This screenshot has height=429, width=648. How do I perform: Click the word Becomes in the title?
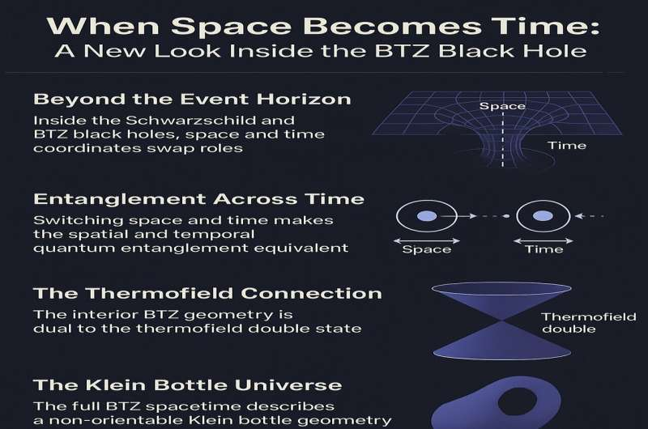[392, 26]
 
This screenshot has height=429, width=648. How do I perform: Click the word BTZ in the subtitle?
[403, 51]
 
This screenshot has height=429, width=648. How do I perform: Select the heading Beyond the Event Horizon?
[192, 99]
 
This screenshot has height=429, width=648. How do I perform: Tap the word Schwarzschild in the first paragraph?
[210, 120]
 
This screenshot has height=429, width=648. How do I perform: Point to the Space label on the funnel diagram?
[502, 106]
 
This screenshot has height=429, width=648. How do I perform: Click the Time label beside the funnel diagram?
[566, 146]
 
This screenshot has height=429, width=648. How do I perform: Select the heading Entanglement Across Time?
[198, 199]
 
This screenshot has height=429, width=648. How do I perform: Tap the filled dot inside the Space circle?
[427, 216]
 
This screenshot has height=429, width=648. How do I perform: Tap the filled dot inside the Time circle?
[543, 216]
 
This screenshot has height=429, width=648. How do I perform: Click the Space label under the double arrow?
[427, 249]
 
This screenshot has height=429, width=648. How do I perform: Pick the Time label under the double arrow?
[544, 249]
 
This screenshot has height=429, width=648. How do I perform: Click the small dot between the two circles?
[506, 216]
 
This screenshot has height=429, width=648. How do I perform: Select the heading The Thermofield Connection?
[207, 293]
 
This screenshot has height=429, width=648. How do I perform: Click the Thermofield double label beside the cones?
[589, 323]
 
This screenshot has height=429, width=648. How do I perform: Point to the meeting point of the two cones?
[501, 321]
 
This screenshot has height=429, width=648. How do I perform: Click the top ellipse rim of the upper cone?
[501, 283]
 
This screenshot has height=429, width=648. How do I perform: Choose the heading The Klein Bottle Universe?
[188, 385]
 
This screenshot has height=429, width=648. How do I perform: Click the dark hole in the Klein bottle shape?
[517, 401]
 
